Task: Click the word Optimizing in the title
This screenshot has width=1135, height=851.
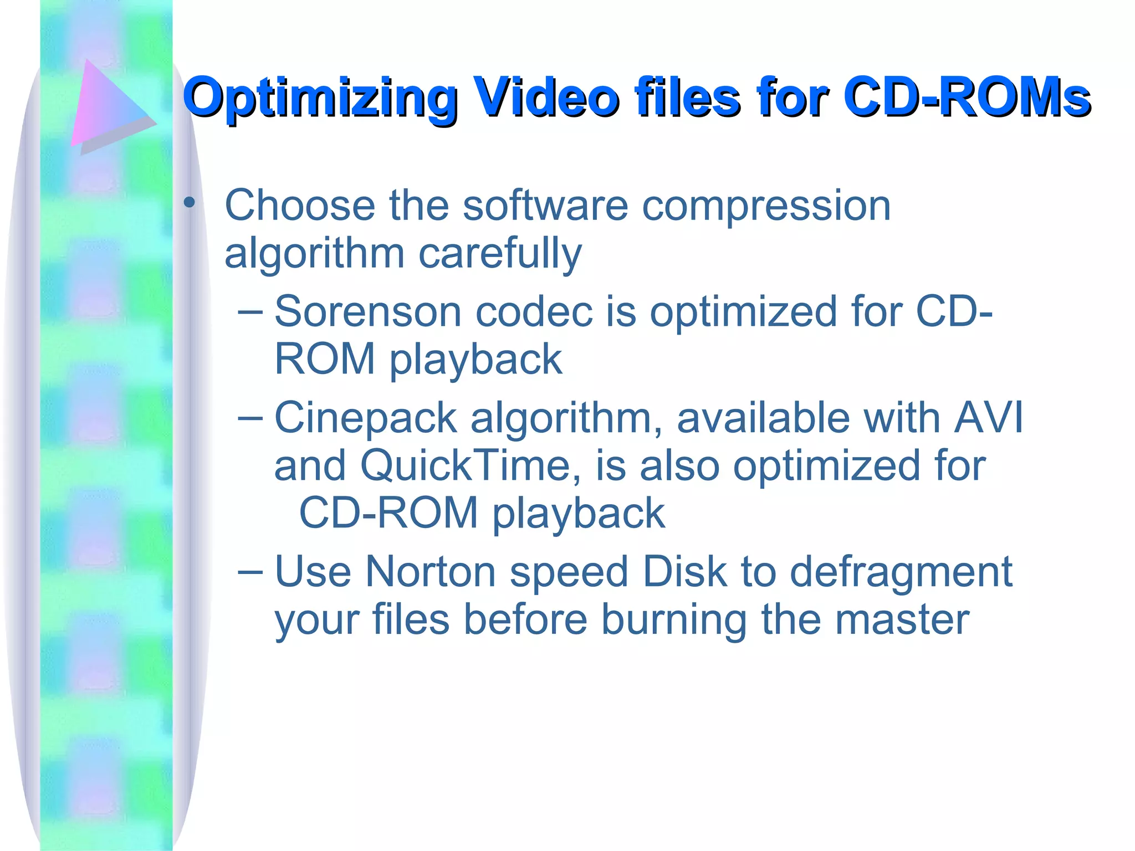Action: pyautogui.click(x=320, y=99)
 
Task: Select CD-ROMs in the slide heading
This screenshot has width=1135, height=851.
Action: pyautogui.click(x=967, y=98)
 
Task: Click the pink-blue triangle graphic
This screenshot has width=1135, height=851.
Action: pyautogui.click(x=108, y=105)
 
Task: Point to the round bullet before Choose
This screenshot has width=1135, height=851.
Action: pyautogui.click(x=190, y=203)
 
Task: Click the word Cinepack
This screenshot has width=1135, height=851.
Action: pyautogui.click(x=366, y=418)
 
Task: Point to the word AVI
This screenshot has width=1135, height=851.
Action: pyautogui.click(x=988, y=418)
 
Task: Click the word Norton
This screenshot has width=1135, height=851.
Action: pyautogui.click(x=430, y=572)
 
